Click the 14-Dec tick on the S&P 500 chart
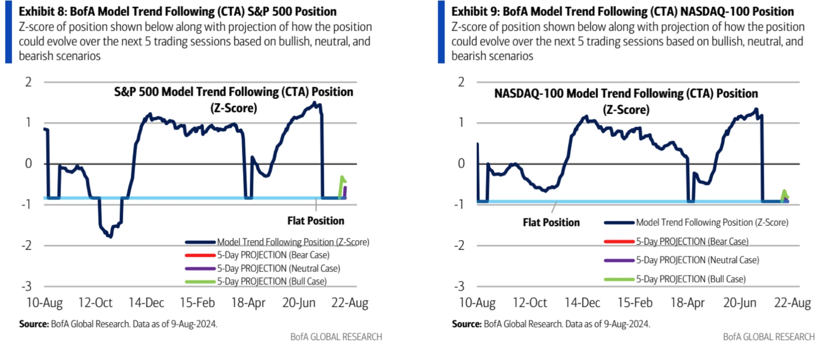(146, 303)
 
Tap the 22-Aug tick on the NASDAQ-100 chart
(792, 303)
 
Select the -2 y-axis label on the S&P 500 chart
(27, 246)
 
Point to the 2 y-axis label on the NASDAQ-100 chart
(461, 82)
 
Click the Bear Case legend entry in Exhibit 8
(273, 255)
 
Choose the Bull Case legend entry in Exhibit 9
(690, 279)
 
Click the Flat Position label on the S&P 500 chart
(315, 221)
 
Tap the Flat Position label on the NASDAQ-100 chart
(551, 223)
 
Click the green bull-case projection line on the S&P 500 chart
(341, 183)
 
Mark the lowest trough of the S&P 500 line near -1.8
(110, 236)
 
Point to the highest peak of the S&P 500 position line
(314, 102)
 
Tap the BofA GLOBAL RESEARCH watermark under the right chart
(768, 337)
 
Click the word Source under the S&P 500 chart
(34, 324)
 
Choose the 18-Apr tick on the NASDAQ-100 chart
(687, 303)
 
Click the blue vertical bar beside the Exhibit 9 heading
(441, 32)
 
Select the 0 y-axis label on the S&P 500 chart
(28, 164)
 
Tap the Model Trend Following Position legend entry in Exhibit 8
(293, 242)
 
